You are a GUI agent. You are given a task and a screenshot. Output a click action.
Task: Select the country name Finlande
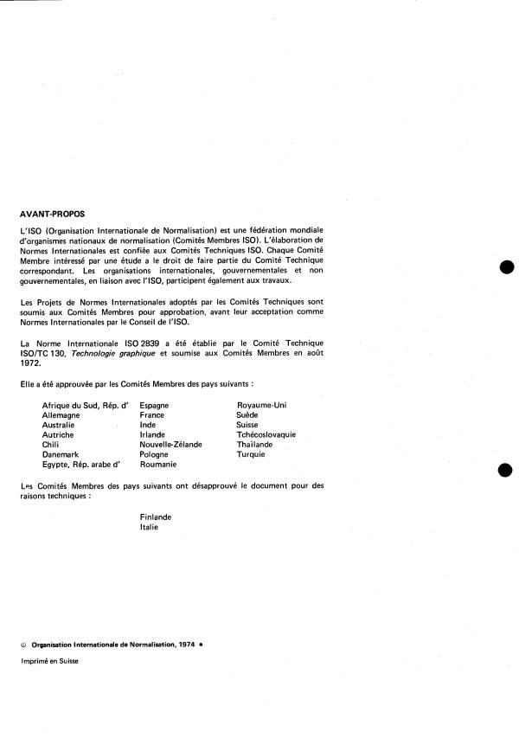click(x=156, y=517)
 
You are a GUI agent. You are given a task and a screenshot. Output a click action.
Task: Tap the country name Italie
click(x=149, y=527)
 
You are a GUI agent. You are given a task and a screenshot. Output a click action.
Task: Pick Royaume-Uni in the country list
click(x=261, y=405)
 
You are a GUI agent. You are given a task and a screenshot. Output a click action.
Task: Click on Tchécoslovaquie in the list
click(x=266, y=434)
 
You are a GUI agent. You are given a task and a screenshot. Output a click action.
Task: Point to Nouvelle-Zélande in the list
click(x=171, y=445)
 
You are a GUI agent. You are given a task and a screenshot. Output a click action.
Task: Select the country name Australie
click(x=60, y=425)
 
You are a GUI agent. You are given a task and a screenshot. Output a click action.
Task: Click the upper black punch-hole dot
click(x=507, y=267)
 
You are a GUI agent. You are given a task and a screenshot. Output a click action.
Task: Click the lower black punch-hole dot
click(x=507, y=470)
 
